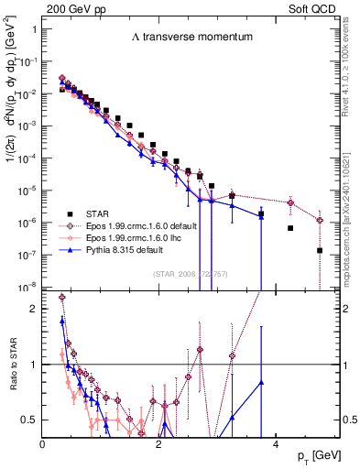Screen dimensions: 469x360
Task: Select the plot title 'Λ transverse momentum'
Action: [x=182, y=37]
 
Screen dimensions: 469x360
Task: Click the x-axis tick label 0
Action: [x=43, y=443]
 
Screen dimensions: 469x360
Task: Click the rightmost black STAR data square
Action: [x=320, y=250]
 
